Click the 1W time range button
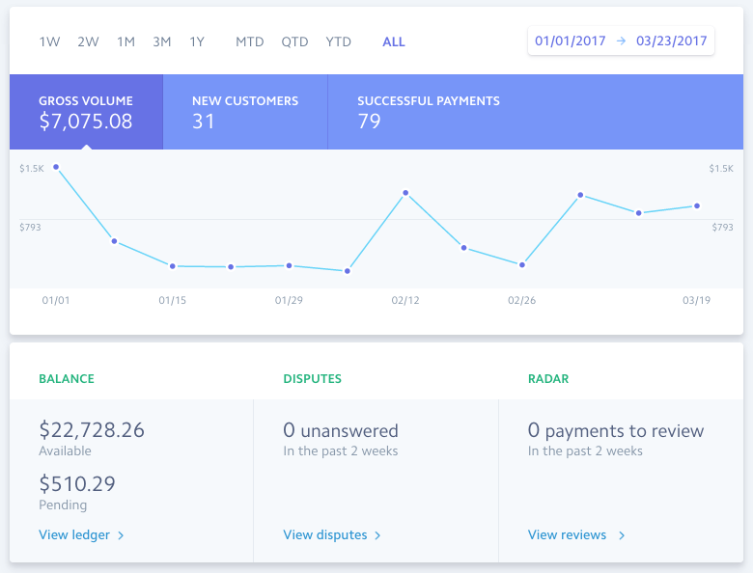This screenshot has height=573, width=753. [x=49, y=42]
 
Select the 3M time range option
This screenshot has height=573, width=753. [x=162, y=42]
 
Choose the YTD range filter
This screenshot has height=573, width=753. [x=339, y=42]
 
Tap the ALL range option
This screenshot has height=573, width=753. [x=394, y=42]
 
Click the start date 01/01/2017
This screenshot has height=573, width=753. [x=570, y=41]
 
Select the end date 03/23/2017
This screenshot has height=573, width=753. [x=672, y=41]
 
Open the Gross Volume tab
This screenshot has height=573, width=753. [x=86, y=112]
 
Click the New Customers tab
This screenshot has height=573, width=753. [x=245, y=112]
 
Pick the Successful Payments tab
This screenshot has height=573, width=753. [x=429, y=112]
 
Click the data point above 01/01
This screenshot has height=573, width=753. [x=56, y=167]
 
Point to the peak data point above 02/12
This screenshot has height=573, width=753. [x=405, y=193]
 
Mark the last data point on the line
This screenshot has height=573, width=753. [x=697, y=205]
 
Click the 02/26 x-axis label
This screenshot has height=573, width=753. [x=521, y=301]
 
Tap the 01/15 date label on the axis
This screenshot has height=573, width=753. [x=173, y=301]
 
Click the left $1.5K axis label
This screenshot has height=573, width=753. [x=32, y=169]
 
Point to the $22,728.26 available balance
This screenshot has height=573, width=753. [x=92, y=430]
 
